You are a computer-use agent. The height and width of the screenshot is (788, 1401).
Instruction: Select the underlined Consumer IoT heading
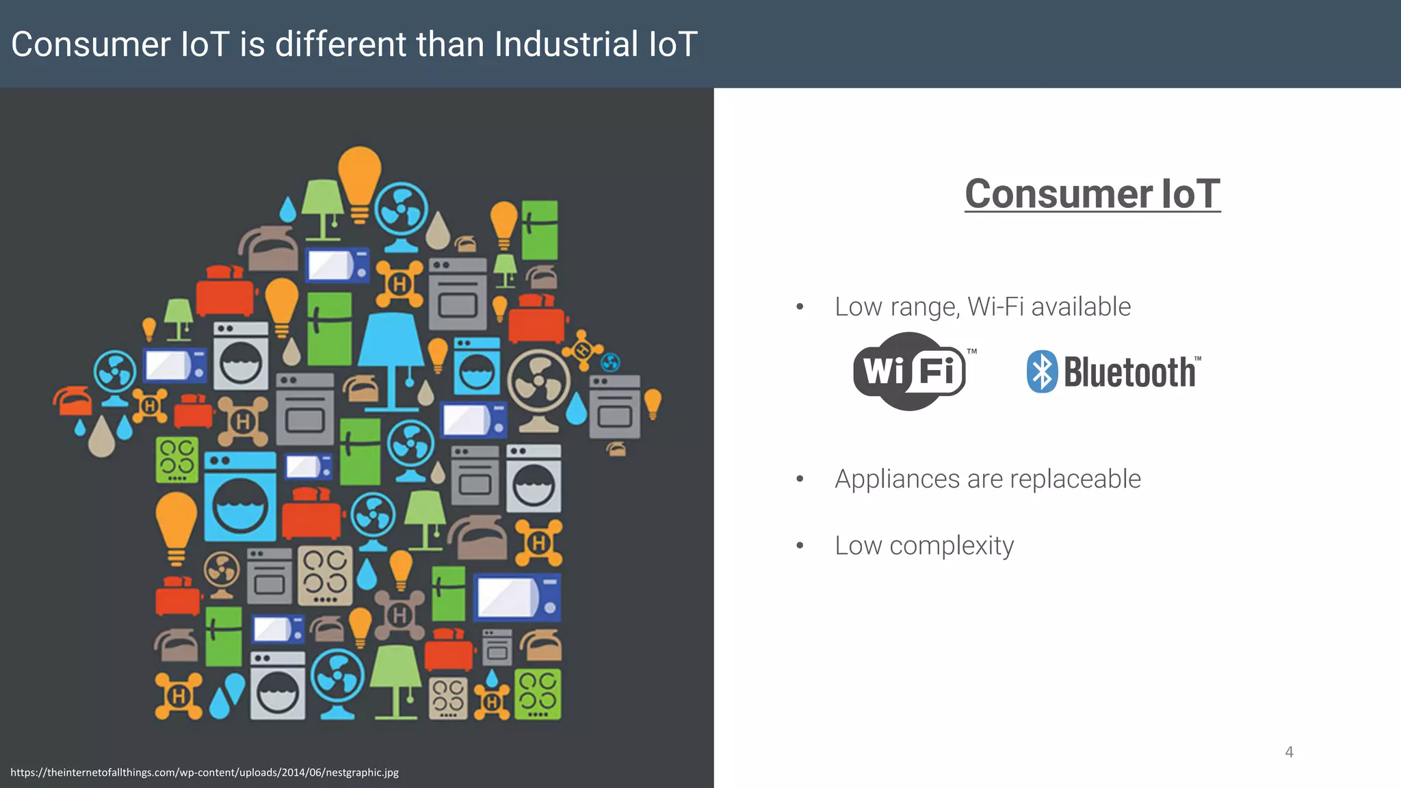point(1092,194)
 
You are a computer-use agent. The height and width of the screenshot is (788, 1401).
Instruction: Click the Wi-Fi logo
point(909,371)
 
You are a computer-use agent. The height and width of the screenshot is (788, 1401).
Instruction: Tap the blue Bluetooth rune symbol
point(1042,371)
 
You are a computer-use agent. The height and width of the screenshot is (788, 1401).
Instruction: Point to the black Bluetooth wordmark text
point(1129,373)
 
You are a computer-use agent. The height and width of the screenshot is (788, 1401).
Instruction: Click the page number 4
point(1289,752)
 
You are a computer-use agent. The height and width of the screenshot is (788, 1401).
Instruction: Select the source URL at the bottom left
point(205,772)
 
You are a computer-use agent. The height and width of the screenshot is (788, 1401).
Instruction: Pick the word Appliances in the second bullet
point(897,479)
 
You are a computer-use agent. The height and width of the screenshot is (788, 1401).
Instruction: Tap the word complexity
point(952,546)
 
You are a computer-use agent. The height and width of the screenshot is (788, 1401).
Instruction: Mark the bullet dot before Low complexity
point(800,546)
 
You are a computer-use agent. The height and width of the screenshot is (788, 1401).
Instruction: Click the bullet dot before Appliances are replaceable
point(800,479)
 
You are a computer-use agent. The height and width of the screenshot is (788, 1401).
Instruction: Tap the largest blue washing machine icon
point(240,496)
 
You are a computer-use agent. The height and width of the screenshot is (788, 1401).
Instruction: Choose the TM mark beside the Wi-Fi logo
point(971,352)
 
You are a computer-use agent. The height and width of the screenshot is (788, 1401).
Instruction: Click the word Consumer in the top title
point(91,44)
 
